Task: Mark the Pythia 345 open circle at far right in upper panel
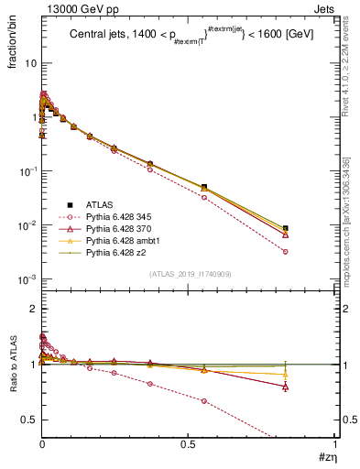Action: tap(286, 251)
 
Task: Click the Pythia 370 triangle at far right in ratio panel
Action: tap(286, 387)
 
